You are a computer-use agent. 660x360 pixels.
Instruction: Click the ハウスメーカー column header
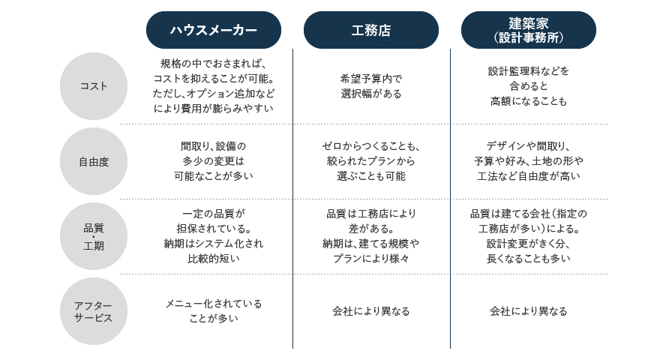(x=214, y=30)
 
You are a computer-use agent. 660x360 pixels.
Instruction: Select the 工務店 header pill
(x=370, y=30)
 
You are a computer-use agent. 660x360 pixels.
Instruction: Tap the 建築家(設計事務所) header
(x=528, y=30)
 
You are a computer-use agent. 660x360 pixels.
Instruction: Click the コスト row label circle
(x=94, y=86)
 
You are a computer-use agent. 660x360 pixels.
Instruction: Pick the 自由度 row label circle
(x=94, y=161)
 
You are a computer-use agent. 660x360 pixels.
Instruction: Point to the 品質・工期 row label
(x=94, y=236)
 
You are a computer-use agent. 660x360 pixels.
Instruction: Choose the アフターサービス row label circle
(x=94, y=311)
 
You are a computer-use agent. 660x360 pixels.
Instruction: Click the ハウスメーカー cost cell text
(x=214, y=86)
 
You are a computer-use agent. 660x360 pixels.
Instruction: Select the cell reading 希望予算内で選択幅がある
(x=370, y=86)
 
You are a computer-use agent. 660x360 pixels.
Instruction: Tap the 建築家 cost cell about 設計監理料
(x=528, y=86)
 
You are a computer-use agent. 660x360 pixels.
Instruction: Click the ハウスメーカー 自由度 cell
(x=214, y=160)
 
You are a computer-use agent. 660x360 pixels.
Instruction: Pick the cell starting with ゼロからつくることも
(x=370, y=160)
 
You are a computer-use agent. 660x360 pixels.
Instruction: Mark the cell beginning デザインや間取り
(x=528, y=160)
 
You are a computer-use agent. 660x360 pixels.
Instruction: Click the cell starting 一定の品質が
(x=214, y=235)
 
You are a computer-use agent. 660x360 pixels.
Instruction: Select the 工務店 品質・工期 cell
(x=370, y=235)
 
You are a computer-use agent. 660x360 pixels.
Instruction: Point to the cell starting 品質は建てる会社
(x=528, y=235)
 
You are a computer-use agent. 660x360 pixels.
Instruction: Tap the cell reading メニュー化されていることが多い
(x=214, y=310)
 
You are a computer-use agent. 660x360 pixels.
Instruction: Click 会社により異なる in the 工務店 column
(x=370, y=311)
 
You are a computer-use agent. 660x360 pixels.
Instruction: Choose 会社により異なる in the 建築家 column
(x=528, y=311)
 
